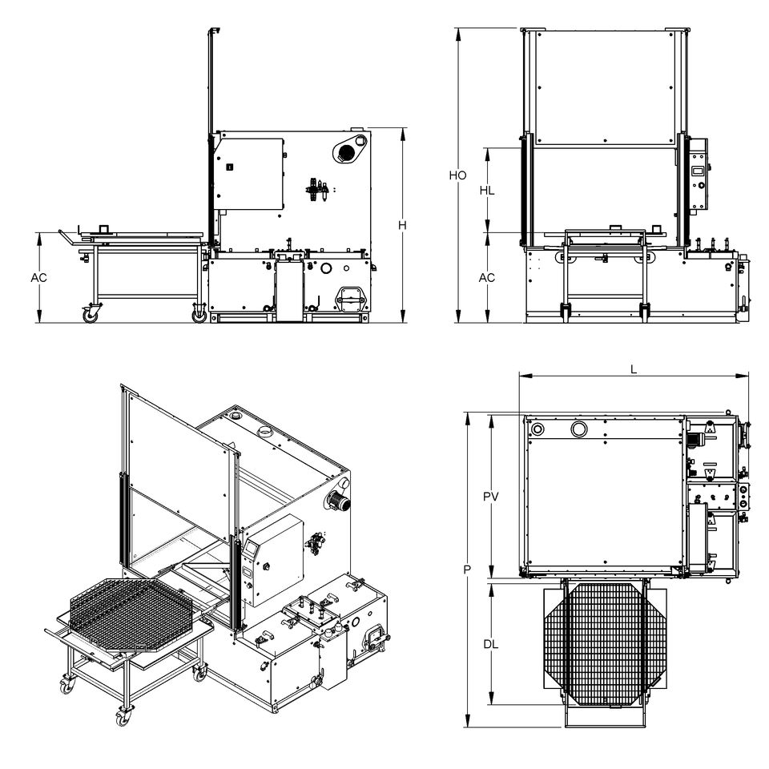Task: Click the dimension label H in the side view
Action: (x=402, y=226)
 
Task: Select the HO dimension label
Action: (x=457, y=175)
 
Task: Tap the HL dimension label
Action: (x=486, y=191)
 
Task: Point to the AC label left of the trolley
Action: (x=38, y=278)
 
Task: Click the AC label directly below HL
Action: (x=486, y=278)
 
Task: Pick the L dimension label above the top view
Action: (x=634, y=368)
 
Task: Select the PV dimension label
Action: (x=491, y=497)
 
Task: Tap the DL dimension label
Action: (x=491, y=644)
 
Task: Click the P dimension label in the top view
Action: (x=466, y=570)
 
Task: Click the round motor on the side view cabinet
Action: (x=347, y=150)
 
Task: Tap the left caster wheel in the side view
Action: (x=89, y=316)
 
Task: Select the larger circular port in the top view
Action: (x=578, y=430)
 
